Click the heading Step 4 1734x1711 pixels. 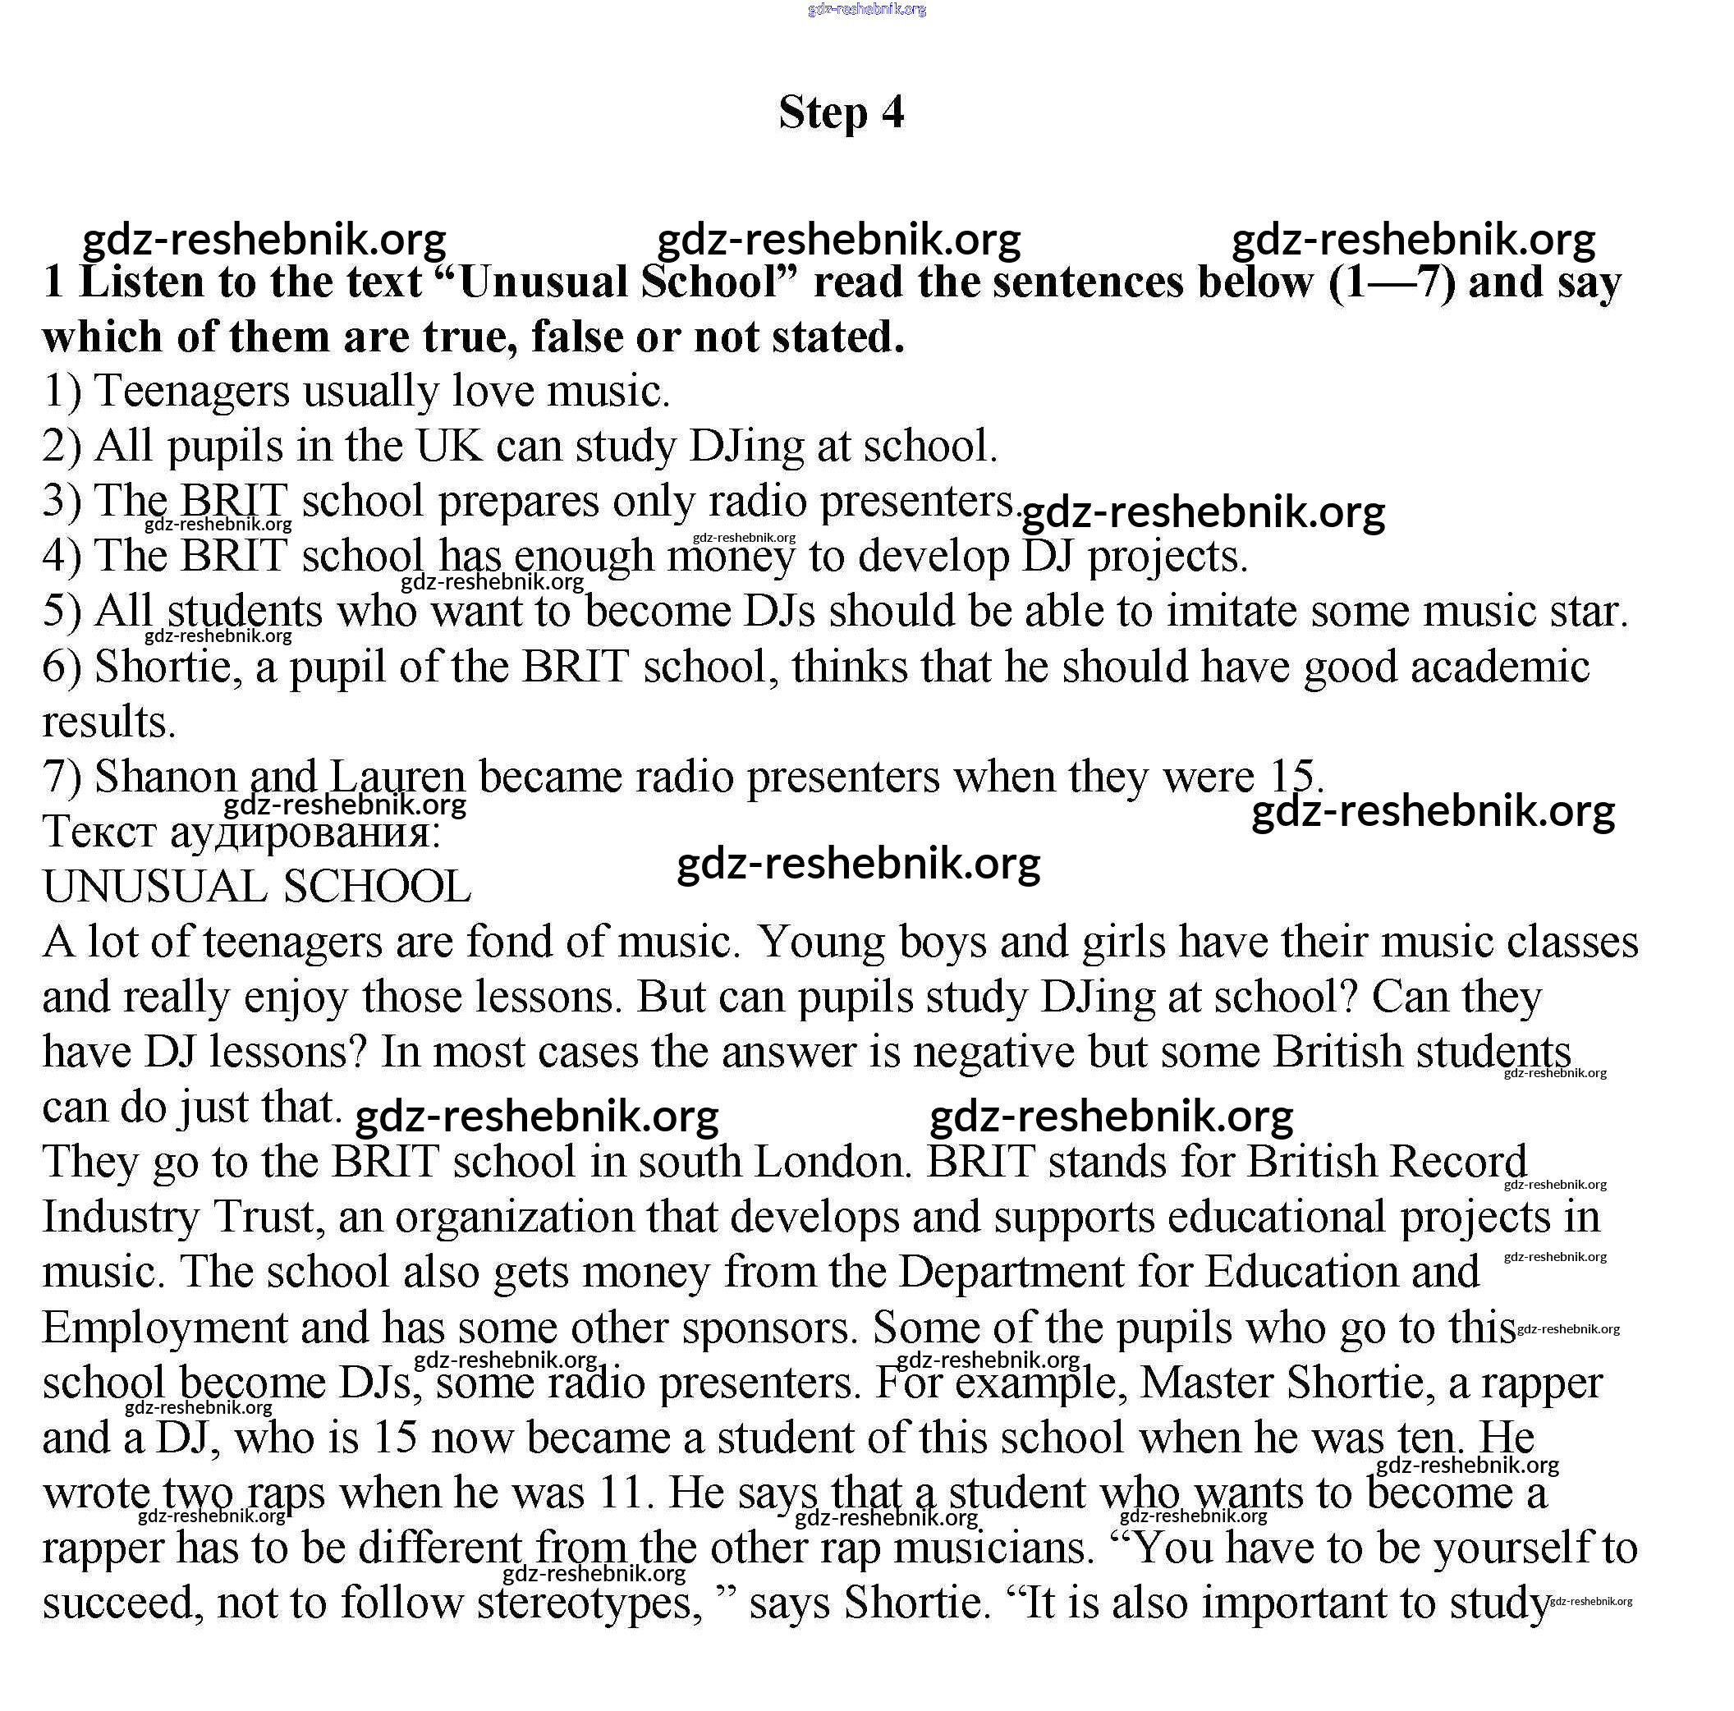point(841,113)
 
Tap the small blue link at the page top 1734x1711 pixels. point(866,10)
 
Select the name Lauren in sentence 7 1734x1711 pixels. point(397,777)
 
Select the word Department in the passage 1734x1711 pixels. point(1011,1273)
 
